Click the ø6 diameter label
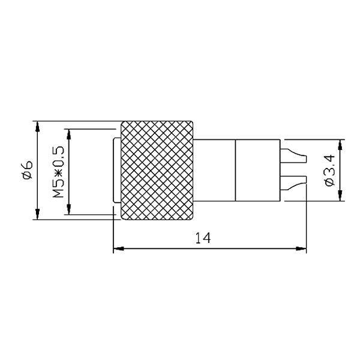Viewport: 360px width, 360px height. [x=28, y=170]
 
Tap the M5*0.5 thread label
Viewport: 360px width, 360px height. [x=58, y=172]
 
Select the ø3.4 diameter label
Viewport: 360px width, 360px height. [x=329, y=170]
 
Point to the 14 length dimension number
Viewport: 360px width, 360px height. [x=203, y=238]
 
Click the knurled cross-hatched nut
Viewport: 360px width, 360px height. [x=157, y=170]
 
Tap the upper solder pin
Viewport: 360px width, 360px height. [x=293, y=156]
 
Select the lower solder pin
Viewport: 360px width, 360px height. [x=293, y=183]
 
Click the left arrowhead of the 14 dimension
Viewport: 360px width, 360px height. [x=119, y=248]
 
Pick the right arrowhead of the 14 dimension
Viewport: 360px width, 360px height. [x=301, y=248]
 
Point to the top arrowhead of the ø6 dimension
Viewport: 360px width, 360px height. [x=38, y=127]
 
